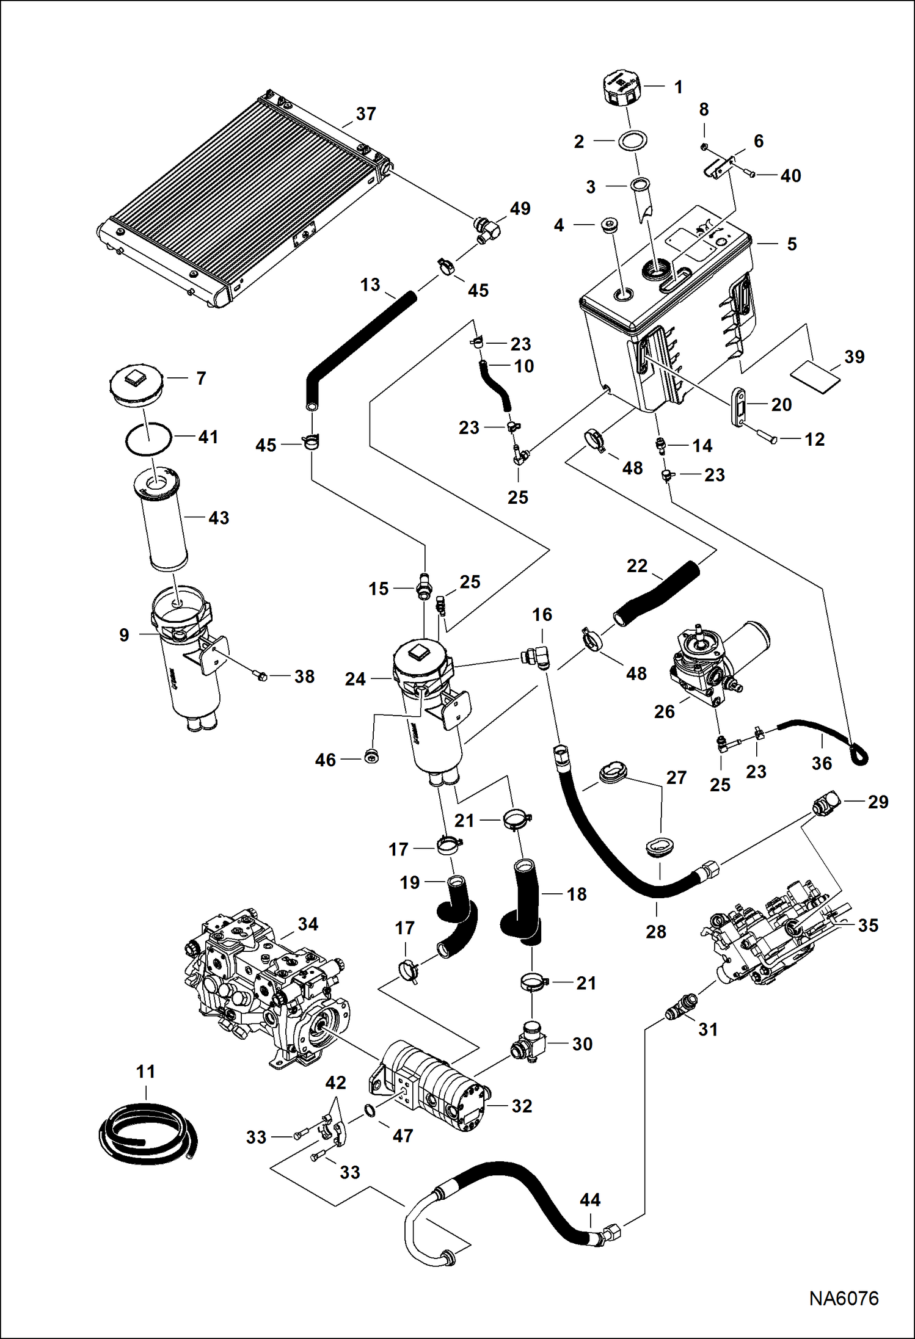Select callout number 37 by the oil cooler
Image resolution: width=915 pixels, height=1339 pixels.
(366, 114)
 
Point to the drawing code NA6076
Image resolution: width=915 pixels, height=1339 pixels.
(844, 1298)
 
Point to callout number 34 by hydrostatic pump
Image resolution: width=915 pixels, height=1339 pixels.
(308, 924)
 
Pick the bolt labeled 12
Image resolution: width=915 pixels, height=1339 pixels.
(767, 438)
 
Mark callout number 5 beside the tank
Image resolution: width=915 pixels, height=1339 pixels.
(792, 244)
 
